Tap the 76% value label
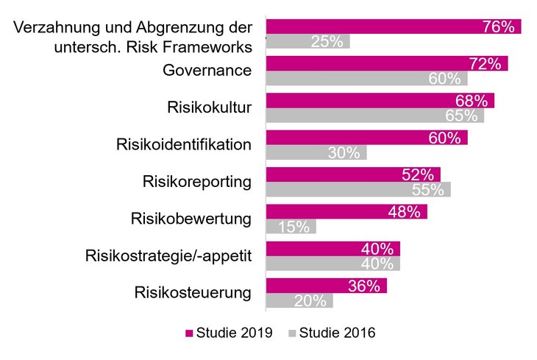point(497,27)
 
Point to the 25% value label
point(327,42)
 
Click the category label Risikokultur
point(210,107)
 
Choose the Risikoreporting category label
point(196,181)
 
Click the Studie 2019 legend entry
point(228,333)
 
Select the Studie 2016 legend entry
point(331,333)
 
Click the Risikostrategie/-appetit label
point(169,255)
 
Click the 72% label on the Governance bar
point(485,64)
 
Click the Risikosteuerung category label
point(193,292)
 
